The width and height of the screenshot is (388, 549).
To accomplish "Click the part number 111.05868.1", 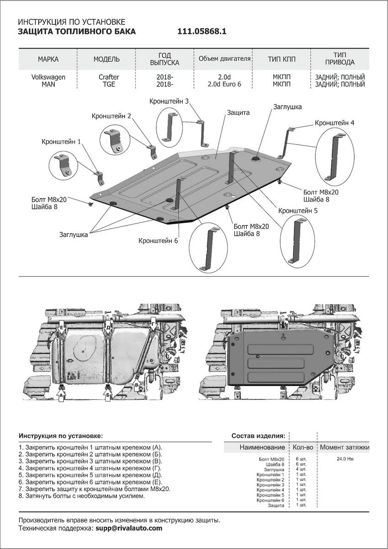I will tap(202, 32).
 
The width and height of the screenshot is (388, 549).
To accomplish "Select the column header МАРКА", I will tap(48, 59).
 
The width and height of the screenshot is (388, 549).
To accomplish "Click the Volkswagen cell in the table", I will tap(48, 77).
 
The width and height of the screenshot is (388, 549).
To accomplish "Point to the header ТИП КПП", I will tap(282, 59).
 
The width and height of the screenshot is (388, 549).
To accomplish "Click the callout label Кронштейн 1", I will tap(61, 142).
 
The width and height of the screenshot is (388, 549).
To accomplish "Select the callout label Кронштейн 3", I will tap(169, 101).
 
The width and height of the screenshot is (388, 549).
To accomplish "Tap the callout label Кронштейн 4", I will tap(334, 123).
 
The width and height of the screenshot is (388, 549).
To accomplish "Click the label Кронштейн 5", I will tap(298, 210).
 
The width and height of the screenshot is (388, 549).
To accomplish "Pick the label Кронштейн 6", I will tap(158, 240).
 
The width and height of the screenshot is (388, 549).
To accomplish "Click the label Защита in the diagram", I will tap(238, 113).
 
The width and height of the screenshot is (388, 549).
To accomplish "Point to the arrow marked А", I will tap(61, 394).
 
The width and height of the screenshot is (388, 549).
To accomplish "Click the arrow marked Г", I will tap(153, 324).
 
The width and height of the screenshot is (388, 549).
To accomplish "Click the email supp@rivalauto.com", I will tap(128, 528).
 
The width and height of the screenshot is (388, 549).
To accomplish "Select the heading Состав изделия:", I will tap(258, 435).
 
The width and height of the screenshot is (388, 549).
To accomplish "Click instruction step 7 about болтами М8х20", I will tap(94, 489).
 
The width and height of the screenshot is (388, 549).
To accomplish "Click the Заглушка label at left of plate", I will tap(73, 234).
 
